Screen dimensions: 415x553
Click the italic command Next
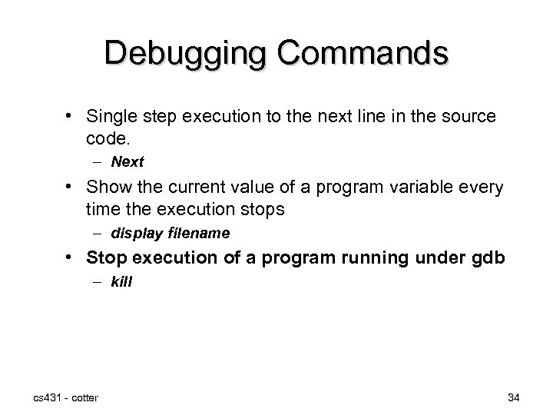click(127, 162)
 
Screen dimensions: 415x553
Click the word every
click(482, 186)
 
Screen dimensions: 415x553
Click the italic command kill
click(121, 282)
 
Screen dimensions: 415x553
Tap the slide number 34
click(515, 397)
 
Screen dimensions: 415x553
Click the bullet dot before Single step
click(69, 116)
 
